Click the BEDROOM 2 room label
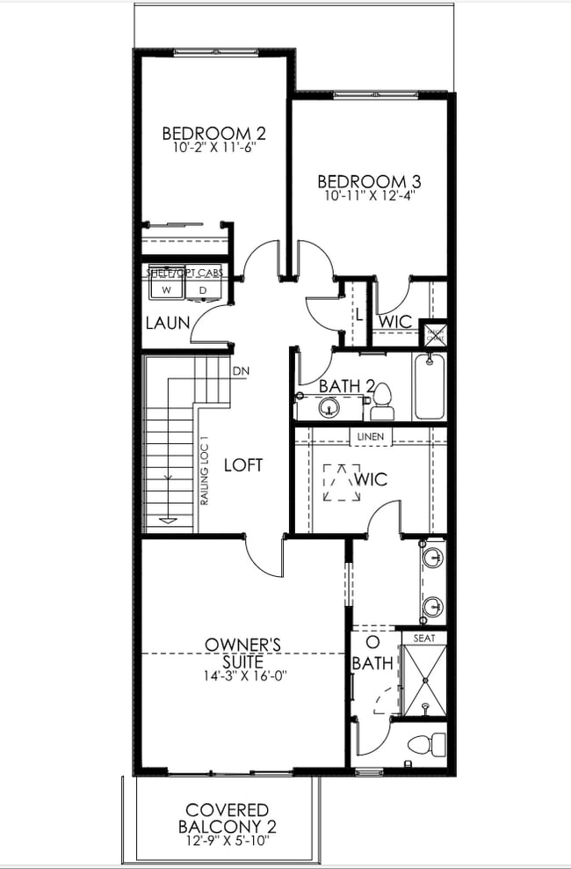pos(213,134)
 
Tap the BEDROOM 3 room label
pos(369,182)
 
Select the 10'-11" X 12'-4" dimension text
pos(369,196)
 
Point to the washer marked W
pos(164,289)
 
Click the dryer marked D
pos(202,289)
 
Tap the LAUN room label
pos(168,323)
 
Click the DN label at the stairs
pos(241,370)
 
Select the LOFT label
pos(243,464)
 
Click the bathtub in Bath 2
pos(430,386)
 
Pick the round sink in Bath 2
pos(329,407)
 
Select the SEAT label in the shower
pos(423,638)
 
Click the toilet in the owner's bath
pos(421,745)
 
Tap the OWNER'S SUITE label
pos(242,653)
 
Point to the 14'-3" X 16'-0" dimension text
pos(243,675)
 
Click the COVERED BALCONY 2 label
pos(228,818)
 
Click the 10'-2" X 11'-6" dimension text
pos(213,149)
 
